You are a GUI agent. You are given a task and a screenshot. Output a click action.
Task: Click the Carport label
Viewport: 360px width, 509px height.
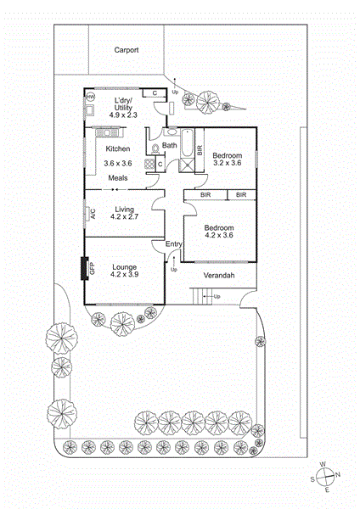click(127, 50)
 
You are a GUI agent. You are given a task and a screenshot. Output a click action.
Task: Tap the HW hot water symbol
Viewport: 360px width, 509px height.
click(90, 97)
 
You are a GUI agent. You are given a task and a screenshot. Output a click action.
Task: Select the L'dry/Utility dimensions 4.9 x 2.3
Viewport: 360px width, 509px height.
click(123, 115)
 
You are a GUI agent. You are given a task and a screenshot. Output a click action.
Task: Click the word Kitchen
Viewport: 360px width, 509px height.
click(118, 148)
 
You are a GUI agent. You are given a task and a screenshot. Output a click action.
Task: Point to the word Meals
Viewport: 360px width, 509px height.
click(118, 178)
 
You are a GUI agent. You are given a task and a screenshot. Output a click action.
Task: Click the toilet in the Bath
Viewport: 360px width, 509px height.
click(155, 148)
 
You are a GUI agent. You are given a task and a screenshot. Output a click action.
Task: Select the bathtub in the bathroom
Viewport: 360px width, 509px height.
click(187, 143)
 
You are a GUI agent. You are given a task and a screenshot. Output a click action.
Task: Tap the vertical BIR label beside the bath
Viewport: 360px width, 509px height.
click(200, 150)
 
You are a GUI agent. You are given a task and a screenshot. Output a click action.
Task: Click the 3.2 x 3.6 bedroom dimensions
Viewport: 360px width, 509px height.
click(227, 163)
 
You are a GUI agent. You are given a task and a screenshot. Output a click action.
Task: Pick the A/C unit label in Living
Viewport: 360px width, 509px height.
click(93, 214)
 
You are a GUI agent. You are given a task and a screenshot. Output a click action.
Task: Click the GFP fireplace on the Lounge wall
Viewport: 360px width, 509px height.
click(85, 268)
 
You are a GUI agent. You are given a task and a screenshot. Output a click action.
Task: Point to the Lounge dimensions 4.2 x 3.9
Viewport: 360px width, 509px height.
click(125, 274)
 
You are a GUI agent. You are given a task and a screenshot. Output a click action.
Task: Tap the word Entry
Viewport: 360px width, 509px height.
click(174, 244)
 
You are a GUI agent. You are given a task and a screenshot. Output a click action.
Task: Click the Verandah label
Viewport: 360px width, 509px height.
click(219, 276)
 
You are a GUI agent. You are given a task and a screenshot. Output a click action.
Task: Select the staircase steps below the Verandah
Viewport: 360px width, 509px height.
click(201, 296)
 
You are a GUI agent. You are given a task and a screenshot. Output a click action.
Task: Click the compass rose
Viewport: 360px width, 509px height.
click(325, 477)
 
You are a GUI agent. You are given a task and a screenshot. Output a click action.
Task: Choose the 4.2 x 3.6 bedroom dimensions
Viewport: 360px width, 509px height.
click(219, 235)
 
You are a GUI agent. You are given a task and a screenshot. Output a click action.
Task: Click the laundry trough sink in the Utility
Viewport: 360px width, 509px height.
click(89, 109)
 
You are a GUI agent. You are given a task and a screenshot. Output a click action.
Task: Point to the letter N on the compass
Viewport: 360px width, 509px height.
click(338, 475)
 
